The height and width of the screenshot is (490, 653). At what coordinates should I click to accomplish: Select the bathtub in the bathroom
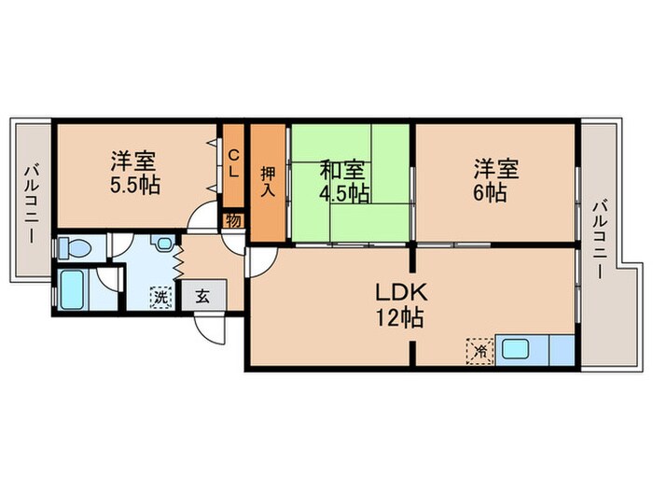tap(74, 288)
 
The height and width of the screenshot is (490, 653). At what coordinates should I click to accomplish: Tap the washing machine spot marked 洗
tap(162, 298)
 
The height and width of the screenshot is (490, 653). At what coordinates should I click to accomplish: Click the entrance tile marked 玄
tap(202, 297)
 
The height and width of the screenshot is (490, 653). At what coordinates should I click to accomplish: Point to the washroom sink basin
tap(164, 245)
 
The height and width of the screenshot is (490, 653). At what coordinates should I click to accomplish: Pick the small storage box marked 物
tap(233, 222)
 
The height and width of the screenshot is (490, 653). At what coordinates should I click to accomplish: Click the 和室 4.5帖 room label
tap(343, 181)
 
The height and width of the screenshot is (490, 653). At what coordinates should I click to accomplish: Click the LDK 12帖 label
tap(399, 303)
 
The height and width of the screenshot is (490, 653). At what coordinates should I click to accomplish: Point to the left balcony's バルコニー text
tap(30, 201)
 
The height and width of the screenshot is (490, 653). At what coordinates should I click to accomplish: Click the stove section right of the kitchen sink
tap(562, 351)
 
